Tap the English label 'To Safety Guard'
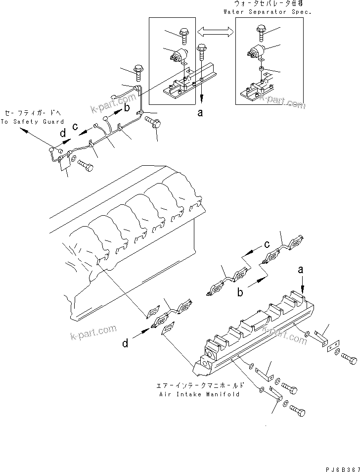point(32,121)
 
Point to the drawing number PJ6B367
point(340,467)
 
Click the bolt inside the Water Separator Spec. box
point(261,33)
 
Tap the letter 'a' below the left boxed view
point(200,113)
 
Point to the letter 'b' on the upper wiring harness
point(127,106)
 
